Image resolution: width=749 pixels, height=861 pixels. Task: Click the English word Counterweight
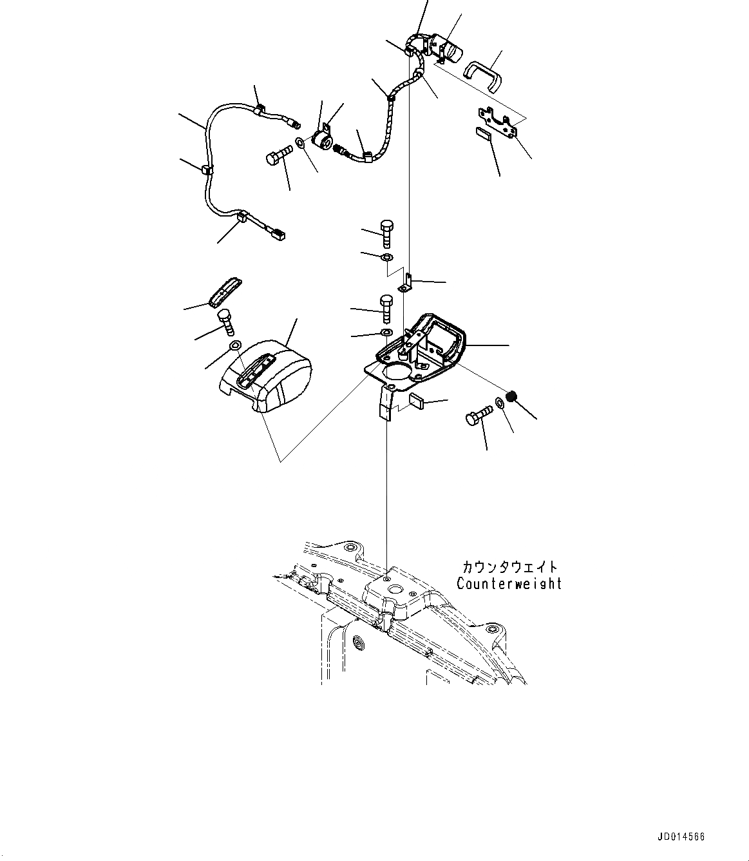(509, 584)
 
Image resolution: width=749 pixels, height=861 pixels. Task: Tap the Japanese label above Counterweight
(509, 567)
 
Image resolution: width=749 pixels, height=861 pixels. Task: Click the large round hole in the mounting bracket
(397, 374)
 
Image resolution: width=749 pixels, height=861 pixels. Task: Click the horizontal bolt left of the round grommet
(278, 157)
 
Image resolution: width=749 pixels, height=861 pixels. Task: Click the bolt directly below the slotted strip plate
(226, 320)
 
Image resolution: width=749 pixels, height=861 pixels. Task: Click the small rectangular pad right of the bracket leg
(417, 402)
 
